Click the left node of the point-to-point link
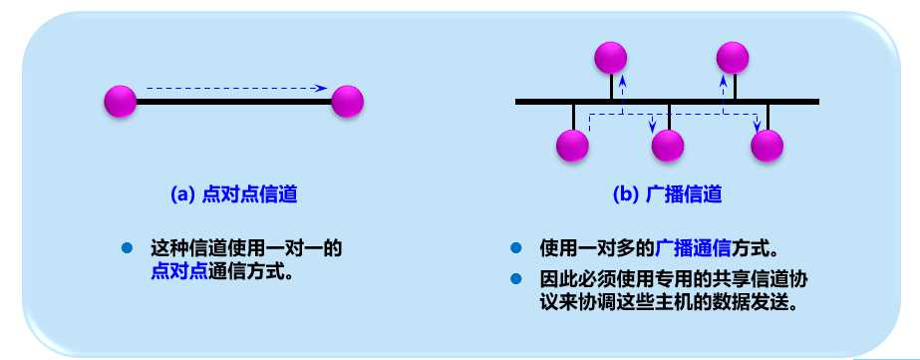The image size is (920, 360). click(x=120, y=101)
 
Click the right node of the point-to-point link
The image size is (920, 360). click(x=348, y=101)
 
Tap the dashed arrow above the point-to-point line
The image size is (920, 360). click(x=236, y=88)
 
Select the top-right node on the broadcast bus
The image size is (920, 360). click(x=733, y=56)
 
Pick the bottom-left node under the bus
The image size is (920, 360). click(x=572, y=147)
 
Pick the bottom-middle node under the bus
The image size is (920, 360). click(x=668, y=147)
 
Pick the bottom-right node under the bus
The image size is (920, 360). click(x=767, y=147)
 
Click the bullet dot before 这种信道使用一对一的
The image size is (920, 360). click(x=127, y=247)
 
